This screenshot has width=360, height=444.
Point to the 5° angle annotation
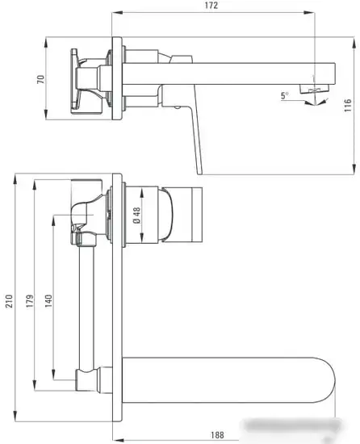pos(284,95)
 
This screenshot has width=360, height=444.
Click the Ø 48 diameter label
pos(136,215)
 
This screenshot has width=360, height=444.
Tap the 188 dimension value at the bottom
pos(217,434)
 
